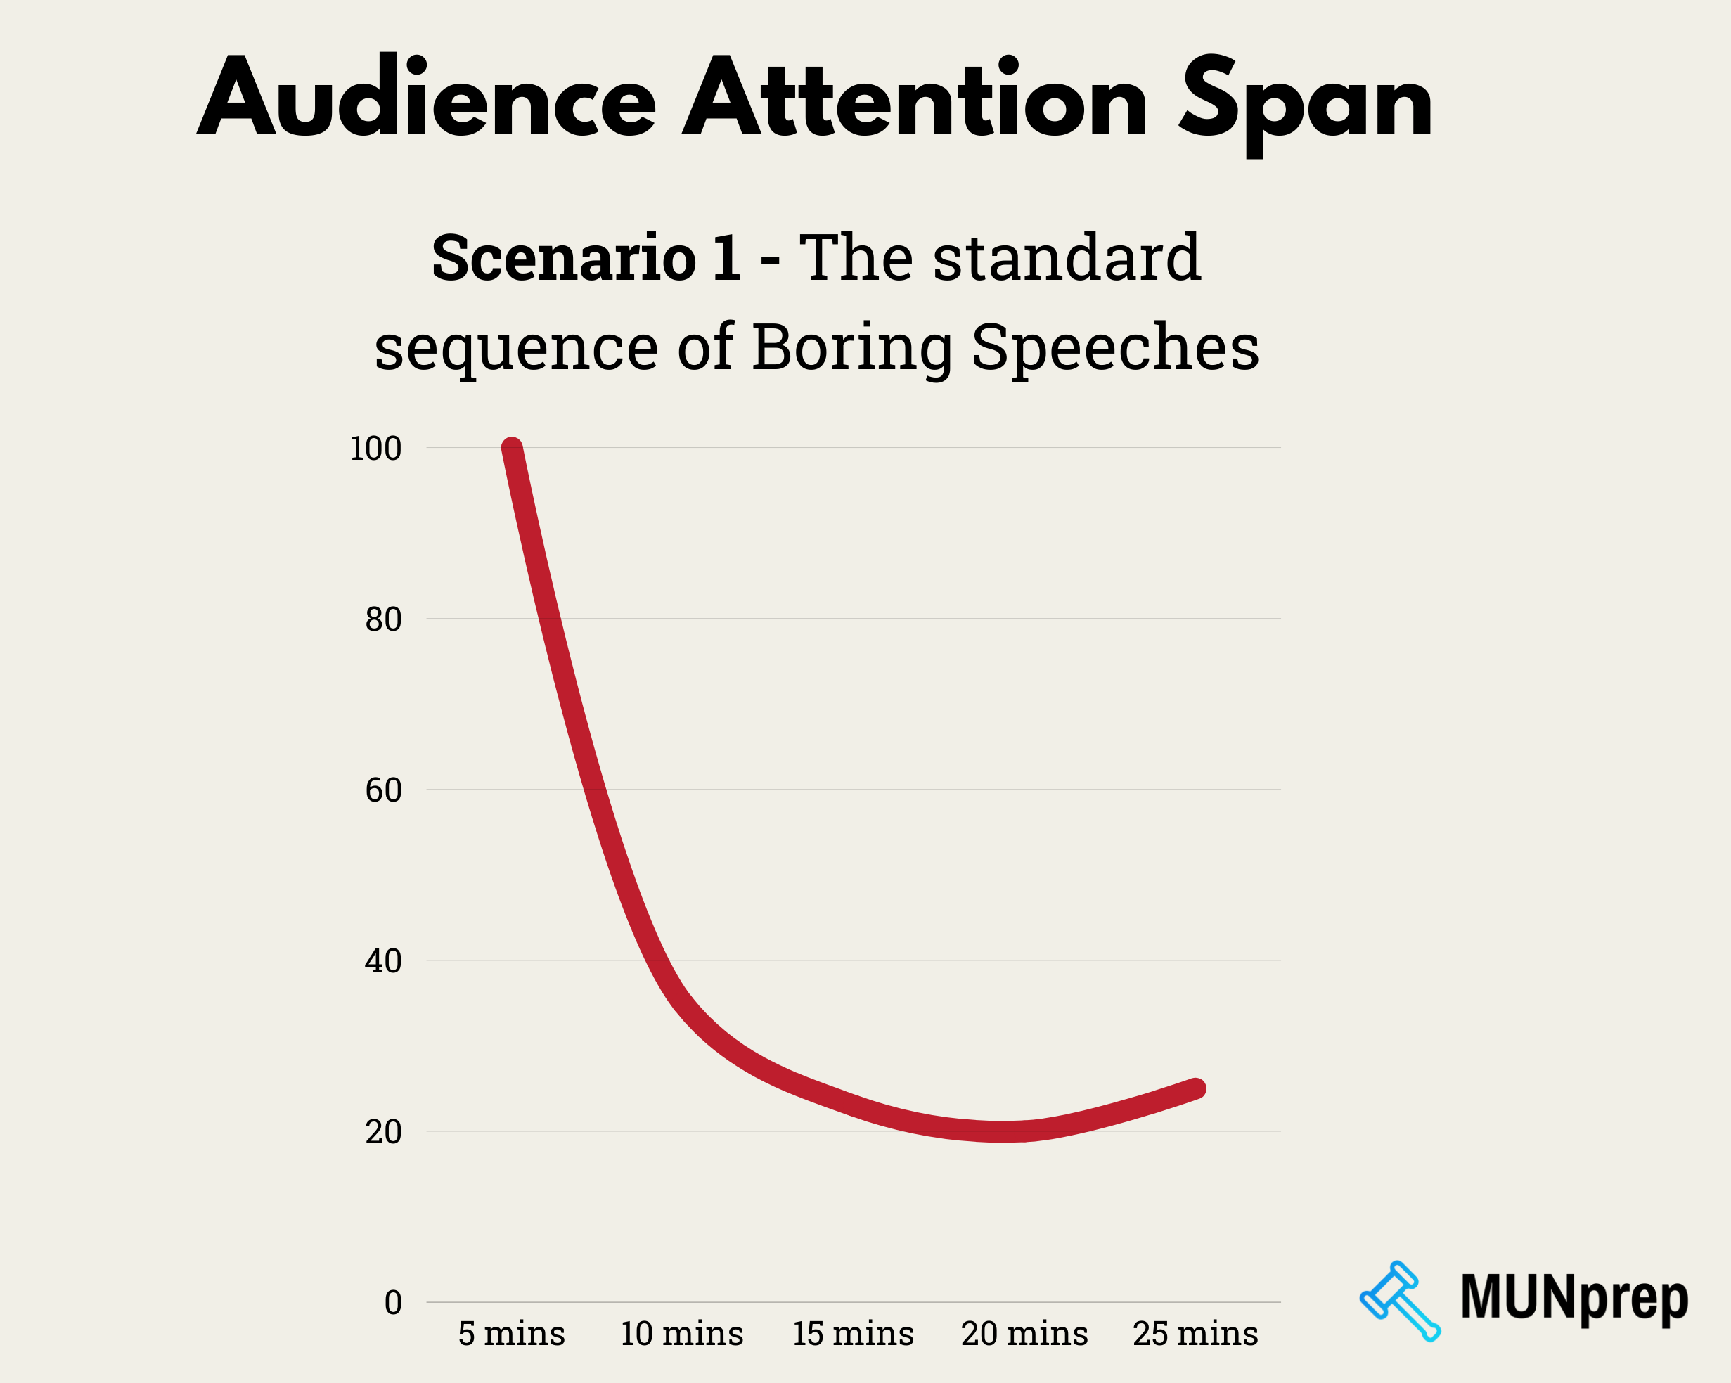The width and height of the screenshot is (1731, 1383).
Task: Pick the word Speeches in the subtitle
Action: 1115,348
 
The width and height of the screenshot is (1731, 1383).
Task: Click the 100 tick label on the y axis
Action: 375,449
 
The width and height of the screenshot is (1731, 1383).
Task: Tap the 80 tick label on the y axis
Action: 383,619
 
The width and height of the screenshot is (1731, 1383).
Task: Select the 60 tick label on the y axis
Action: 383,790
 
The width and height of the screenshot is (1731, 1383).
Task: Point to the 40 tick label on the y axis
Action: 383,962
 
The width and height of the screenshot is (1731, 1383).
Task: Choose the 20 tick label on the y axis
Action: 383,1133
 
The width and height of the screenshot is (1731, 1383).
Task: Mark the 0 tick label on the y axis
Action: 392,1303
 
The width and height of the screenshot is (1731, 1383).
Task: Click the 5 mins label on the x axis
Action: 511,1334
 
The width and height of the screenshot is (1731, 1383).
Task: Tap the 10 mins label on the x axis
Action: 681,1334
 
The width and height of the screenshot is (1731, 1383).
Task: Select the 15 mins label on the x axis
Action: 853,1334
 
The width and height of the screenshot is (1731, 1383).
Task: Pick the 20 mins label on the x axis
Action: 1024,1334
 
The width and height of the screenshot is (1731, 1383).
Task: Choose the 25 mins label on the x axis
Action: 1195,1334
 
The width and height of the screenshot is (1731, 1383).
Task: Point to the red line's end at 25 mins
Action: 1195,1088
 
